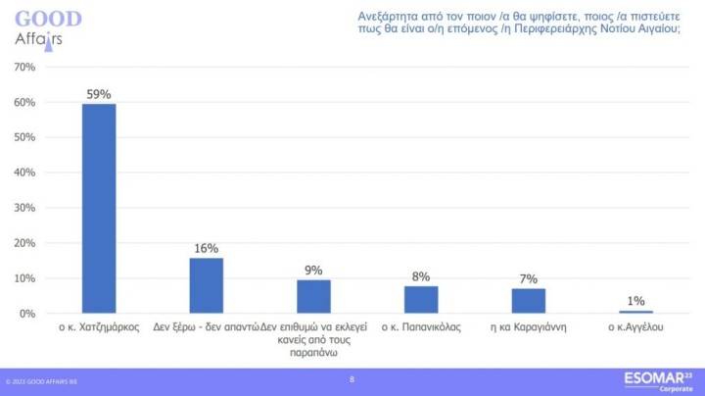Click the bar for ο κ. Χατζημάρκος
coord(99,209)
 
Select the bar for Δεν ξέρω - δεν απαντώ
coord(206,285)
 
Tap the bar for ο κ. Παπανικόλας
coord(421,299)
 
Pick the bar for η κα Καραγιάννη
coord(528,301)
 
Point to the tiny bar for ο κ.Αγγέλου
coord(635,312)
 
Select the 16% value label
coord(206,249)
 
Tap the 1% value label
coord(635,302)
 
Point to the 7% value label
coord(528,279)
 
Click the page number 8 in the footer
coord(352,378)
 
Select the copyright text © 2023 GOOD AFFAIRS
coord(45,382)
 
